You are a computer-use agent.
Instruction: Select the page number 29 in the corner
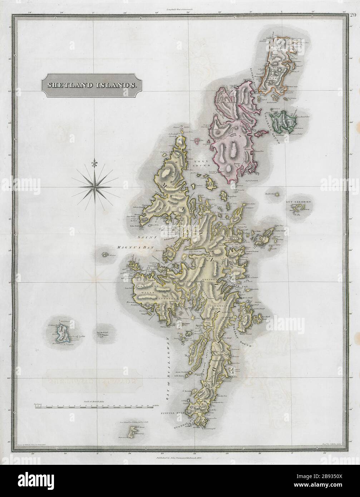[353, 15]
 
